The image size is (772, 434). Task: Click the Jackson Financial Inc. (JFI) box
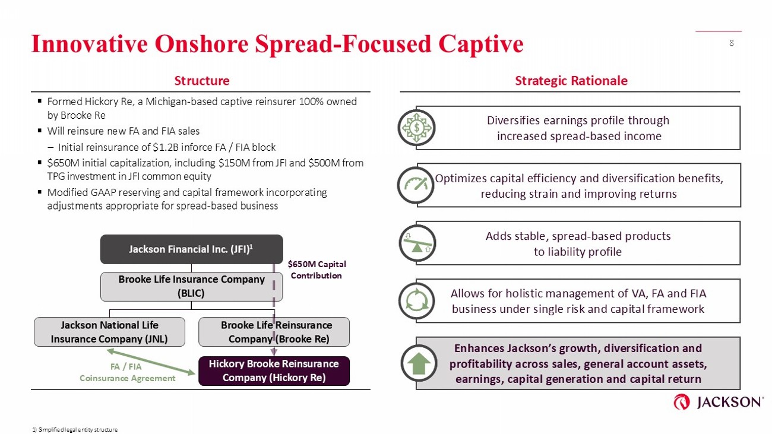(191, 249)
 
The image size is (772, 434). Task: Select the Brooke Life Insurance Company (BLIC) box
(191, 287)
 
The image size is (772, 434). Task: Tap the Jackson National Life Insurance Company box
(109, 332)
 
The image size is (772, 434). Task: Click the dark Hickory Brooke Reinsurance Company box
(273, 371)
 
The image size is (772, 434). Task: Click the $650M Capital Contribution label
(316, 270)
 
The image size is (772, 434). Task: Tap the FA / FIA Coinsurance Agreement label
(127, 372)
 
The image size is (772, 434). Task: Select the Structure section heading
(201, 81)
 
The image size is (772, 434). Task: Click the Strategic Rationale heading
(571, 81)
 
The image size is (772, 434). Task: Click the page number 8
(731, 43)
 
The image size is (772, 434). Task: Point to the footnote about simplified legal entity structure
(75, 429)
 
